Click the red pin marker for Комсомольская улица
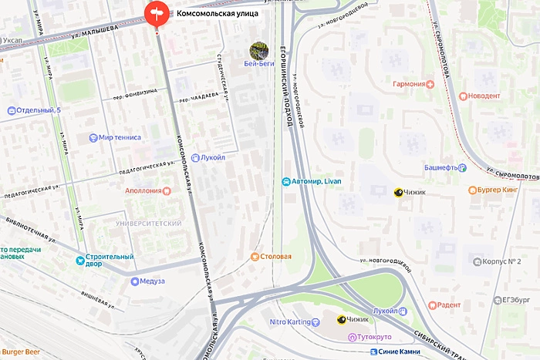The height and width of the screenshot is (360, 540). point(156,13)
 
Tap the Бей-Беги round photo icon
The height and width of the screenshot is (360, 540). point(258,51)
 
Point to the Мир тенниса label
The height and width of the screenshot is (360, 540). point(120,138)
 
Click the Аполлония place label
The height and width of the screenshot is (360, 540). point(143,190)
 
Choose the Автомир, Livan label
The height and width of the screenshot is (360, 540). point(316,181)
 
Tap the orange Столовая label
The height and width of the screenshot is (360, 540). point(275,256)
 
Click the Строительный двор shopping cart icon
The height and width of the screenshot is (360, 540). point(79,261)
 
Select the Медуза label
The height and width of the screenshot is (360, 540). point(152,281)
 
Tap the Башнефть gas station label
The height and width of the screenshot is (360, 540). point(441,167)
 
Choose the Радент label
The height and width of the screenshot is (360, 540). point(448,304)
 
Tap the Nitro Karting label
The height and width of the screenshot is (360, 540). point(289,321)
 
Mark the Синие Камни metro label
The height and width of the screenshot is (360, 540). point(400,352)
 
